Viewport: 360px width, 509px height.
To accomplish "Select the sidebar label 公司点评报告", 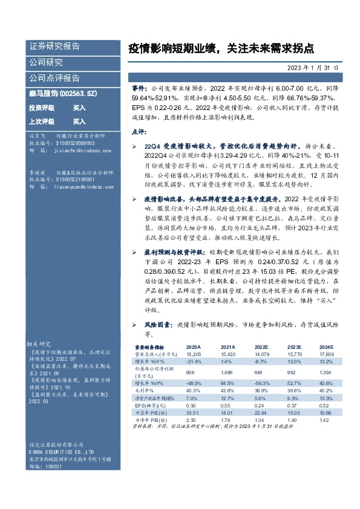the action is click(x=55, y=78).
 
